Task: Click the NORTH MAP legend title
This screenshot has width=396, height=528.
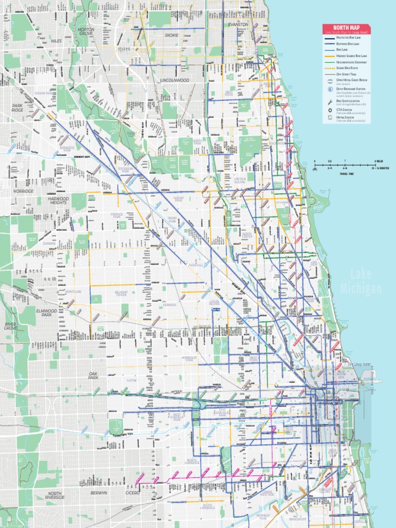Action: [346, 27]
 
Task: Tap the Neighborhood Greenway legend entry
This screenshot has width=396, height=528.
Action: [351, 62]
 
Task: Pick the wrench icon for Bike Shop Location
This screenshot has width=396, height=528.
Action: [329, 102]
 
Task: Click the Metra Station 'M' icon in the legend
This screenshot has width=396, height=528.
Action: [329, 118]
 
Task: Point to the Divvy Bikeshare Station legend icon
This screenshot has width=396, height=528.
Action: [329, 89]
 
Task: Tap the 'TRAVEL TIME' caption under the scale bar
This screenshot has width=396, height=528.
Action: [347, 174]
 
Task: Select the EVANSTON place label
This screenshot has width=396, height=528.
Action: [238, 24]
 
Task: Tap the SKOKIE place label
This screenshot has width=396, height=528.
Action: [172, 35]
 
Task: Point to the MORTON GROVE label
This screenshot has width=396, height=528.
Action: [86, 31]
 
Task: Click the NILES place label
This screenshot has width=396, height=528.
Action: [57, 40]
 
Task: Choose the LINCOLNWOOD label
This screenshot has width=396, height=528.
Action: [174, 80]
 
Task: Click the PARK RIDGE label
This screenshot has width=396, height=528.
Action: [18, 108]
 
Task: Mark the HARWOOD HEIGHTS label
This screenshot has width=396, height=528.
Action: [58, 201]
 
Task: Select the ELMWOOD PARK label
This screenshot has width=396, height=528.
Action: [47, 313]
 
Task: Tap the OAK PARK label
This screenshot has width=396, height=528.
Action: [93, 375]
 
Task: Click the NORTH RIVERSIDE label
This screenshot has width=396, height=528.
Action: [55, 495]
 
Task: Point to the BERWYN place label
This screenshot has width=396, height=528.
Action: [98, 493]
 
